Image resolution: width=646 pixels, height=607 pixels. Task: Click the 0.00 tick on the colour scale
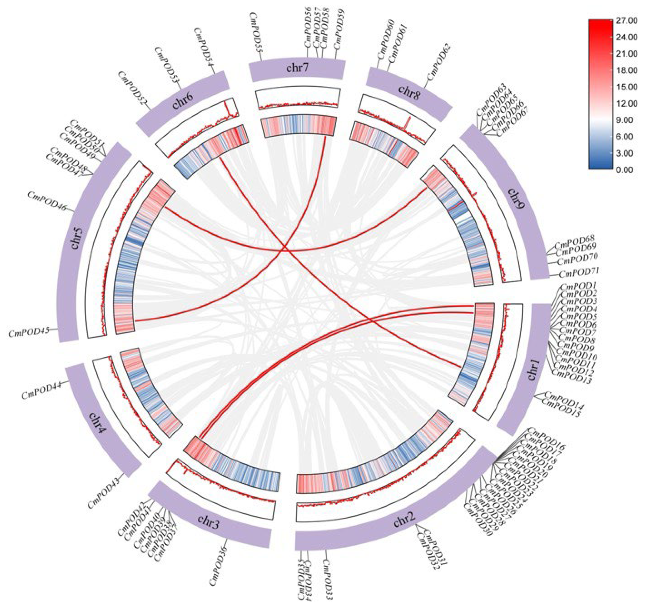pos(626,169)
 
